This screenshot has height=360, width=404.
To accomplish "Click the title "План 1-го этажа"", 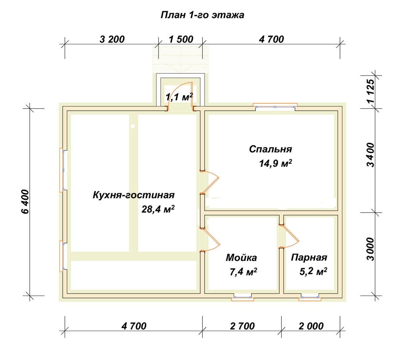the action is (x=202, y=15).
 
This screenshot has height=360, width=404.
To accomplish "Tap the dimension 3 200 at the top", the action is (x=112, y=39).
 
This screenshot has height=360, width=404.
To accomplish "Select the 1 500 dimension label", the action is (x=181, y=39).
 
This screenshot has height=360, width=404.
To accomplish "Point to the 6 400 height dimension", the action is (x=25, y=202).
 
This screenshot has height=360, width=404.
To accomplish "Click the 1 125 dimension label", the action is (x=371, y=91).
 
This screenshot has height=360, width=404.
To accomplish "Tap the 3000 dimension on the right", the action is (x=371, y=249).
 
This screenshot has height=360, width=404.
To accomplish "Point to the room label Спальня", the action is (x=270, y=149).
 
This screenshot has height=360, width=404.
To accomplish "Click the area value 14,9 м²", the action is (x=275, y=164).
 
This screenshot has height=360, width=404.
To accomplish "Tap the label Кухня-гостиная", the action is (x=134, y=195).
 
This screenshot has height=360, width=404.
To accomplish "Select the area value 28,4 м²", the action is (x=158, y=209).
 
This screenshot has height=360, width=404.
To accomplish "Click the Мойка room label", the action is (x=241, y=258).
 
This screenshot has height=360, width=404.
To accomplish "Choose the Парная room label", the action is (x=309, y=257).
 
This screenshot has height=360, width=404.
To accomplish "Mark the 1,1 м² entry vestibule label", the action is (x=179, y=97).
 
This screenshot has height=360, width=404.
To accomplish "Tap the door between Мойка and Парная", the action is (x=289, y=237).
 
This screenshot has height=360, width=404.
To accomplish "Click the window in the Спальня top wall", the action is (x=275, y=106).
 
